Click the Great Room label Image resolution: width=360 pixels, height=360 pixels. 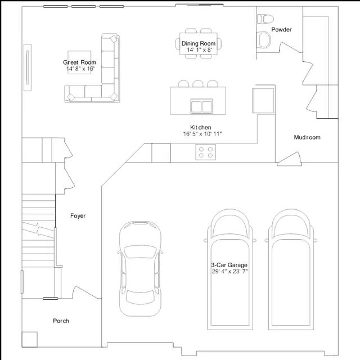(x=79, y=62)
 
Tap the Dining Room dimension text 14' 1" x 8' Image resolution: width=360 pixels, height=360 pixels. (x=199, y=50)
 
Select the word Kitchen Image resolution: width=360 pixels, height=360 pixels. (x=200, y=128)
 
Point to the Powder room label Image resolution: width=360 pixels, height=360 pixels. (x=281, y=29)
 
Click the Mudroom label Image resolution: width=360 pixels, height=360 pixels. (x=307, y=137)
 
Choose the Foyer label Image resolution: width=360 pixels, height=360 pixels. (x=78, y=216)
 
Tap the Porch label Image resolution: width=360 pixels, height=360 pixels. (x=61, y=321)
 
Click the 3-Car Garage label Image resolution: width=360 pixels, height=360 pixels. (x=229, y=265)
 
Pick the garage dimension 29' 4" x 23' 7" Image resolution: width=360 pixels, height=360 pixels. (x=229, y=271)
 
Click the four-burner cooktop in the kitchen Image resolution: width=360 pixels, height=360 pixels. (x=206, y=152)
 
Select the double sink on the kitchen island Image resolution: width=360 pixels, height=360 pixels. (x=201, y=106)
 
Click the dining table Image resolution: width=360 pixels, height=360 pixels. (x=199, y=44)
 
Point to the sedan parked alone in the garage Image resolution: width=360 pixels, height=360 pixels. (x=140, y=269)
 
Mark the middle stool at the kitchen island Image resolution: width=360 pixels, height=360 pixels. (x=198, y=84)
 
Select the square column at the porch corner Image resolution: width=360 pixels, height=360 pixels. (x=29, y=339)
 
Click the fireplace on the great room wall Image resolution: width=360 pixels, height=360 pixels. (x=28, y=67)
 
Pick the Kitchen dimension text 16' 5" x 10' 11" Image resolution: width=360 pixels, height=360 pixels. (x=202, y=134)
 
